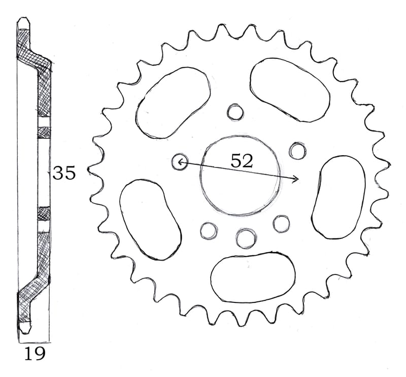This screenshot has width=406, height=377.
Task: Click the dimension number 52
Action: (x=241, y=161)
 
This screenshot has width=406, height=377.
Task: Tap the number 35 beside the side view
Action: (x=64, y=174)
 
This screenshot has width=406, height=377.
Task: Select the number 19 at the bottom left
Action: (x=35, y=353)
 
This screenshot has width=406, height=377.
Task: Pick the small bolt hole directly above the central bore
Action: (x=235, y=112)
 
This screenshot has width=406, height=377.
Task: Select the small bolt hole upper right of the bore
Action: (x=297, y=150)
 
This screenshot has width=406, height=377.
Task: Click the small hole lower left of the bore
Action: (x=208, y=230)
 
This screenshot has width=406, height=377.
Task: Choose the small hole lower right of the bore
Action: (x=281, y=223)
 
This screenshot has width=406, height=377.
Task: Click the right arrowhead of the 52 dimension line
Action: (x=297, y=179)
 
